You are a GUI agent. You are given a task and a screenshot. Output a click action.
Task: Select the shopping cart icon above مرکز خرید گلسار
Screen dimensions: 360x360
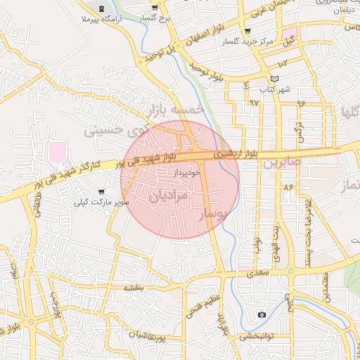click(x=247, y=31)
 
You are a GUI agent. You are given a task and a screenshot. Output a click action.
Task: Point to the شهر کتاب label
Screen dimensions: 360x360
click(x=274, y=89)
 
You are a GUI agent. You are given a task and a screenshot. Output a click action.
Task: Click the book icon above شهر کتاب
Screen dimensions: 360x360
click(x=274, y=78)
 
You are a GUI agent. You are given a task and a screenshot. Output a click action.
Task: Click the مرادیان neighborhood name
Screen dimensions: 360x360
click(x=169, y=195)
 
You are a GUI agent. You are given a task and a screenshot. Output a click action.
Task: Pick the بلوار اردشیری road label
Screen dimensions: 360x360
click(x=231, y=152)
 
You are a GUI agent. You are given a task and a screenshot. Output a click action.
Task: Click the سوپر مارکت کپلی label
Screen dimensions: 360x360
click(x=103, y=202)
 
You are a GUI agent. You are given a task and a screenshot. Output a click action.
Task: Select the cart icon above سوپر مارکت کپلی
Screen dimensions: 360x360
click(x=102, y=191)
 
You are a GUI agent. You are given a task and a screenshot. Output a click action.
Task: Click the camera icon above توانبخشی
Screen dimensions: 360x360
click(x=262, y=314)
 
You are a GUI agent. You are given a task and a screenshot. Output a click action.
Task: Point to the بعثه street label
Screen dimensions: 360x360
click(x=134, y=288)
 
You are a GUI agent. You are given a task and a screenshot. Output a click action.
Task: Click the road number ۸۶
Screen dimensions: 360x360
click(x=288, y=188)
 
